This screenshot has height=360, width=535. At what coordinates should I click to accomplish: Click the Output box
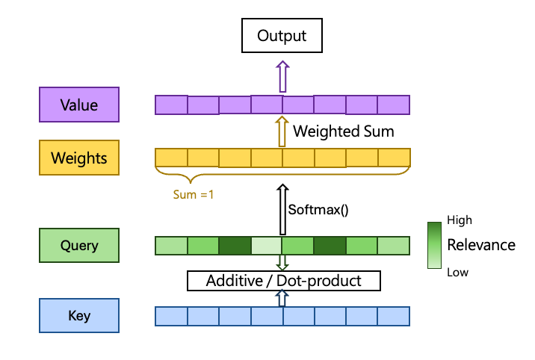282,36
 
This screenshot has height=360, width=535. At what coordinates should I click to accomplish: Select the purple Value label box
79,105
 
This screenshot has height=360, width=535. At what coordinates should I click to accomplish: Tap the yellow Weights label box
79,158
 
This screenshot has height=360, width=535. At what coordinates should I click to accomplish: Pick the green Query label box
79,245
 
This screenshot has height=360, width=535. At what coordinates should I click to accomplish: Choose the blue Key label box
79,315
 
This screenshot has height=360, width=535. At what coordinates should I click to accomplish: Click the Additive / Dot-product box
283,281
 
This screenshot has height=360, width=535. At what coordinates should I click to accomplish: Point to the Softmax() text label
319,210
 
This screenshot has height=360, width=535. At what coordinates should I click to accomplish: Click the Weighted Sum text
343,131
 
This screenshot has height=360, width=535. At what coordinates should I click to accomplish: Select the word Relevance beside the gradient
480,245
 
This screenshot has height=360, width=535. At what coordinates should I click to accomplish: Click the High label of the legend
459,220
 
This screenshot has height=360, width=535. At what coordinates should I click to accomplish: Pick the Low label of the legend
457,272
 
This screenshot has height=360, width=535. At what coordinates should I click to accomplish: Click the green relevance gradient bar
434,245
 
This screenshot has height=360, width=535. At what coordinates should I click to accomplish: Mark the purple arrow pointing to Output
282,77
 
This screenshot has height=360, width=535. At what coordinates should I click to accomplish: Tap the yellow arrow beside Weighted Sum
282,131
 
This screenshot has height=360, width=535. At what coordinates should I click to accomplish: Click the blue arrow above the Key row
282,298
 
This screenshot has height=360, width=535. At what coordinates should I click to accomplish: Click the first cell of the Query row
171,246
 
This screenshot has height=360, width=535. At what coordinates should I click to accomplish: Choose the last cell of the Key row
394,316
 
